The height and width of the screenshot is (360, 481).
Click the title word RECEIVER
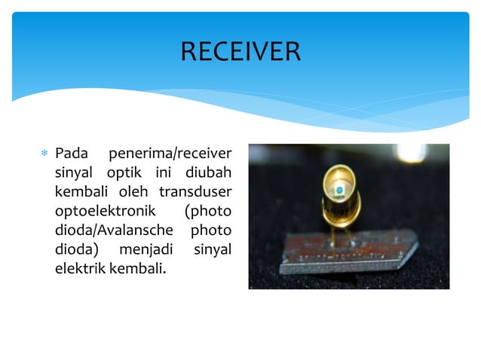240,52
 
